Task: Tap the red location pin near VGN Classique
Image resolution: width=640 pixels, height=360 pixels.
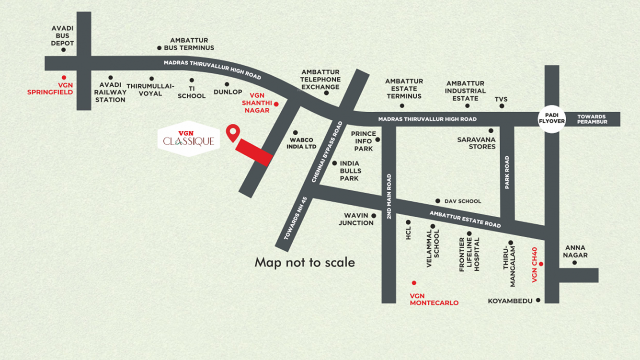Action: tap(233, 132)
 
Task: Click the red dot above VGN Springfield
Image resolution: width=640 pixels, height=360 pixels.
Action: tap(64, 77)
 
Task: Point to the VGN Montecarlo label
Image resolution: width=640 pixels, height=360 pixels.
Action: tap(434, 299)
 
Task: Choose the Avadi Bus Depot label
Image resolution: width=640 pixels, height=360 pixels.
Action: tap(63, 36)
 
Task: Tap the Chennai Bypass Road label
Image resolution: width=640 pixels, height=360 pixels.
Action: tap(327, 151)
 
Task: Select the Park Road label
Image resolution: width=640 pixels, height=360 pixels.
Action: tap(507, 172)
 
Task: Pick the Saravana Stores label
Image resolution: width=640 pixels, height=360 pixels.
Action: tap(476, 143)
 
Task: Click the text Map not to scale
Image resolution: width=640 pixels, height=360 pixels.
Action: tap(305, 262)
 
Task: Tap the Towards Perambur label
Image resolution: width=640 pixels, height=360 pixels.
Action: tap(592, 119)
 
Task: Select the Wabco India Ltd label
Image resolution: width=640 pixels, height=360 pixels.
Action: tap(301, 143)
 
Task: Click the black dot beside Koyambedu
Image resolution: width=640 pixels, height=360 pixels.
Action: tap(538, 300)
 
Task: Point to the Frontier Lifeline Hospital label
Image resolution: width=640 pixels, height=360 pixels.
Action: tap(469, 254)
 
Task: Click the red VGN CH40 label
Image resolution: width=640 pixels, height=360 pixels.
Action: tap(535, 265)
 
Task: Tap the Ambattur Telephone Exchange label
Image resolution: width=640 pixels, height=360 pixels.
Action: tap(320, 80)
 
